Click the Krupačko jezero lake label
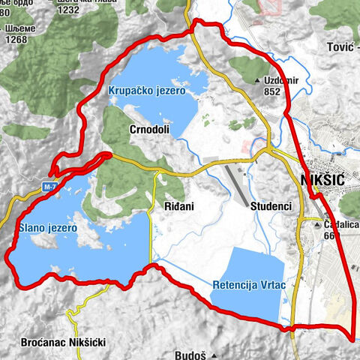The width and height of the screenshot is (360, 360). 147,90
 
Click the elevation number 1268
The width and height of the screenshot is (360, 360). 17,41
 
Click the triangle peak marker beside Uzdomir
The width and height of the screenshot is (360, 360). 258,80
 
